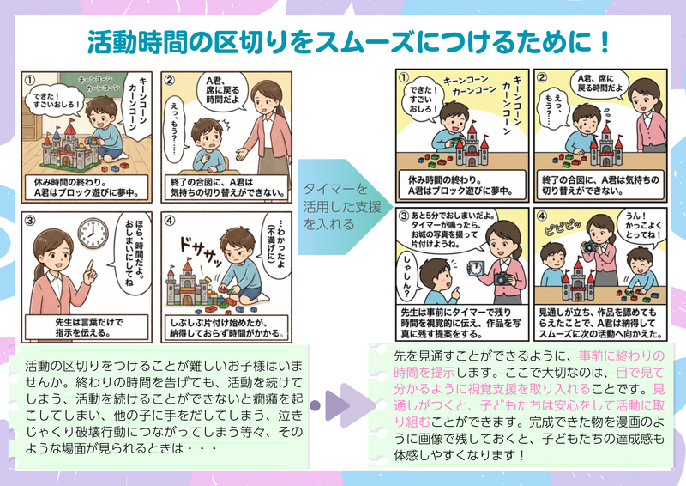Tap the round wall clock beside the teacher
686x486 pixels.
coord(93,233)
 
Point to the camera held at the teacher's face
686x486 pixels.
coord(590,246)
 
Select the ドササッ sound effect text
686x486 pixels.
coord(202,251)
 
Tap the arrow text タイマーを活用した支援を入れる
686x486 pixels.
coord(341,206)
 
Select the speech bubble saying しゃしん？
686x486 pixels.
coord(407,277)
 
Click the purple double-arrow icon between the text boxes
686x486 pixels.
coord(342,405)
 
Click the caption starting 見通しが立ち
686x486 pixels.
coord(599,323)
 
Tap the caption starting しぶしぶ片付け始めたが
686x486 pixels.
coord(226,327)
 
